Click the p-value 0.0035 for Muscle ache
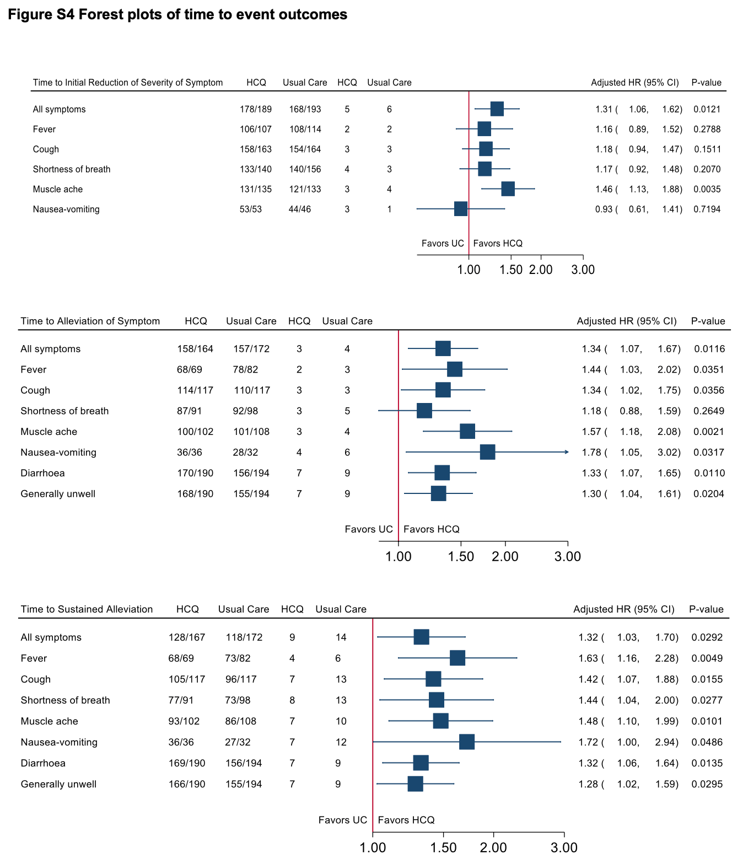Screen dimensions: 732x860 click(707, 189)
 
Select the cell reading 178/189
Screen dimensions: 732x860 click(255, 109)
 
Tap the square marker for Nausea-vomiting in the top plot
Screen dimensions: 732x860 click(460, 209)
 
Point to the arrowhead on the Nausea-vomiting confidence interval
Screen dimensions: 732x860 click(567, 452)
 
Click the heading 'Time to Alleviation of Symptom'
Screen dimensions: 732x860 click(90, 321)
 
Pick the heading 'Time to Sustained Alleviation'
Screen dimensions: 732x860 click(87, 609)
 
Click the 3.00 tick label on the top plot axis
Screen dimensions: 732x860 click(583, 270)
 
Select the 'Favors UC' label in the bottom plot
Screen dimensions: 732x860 click(343, 820)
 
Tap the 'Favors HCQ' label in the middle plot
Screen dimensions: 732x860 click(431, 529)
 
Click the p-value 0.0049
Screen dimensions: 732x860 click(707, 658)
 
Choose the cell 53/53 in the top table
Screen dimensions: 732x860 click(250, 209)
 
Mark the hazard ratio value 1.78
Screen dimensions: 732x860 click(591, 452)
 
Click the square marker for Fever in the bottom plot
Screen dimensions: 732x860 click(457, 658)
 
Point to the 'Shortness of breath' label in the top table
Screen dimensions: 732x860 click(72, 169)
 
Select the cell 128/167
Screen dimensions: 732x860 click(187, 637)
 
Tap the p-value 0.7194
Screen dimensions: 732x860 click(707, 209)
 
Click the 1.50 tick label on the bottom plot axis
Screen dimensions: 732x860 click(443, 847)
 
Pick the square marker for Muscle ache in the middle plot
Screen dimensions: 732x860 click(467, 431)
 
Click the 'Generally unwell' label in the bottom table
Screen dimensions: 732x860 click(58, 784)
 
